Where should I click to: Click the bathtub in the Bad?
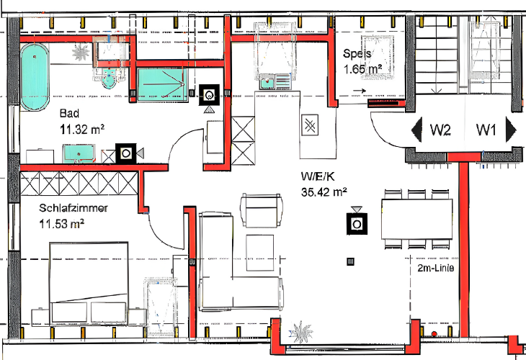click(35, 78)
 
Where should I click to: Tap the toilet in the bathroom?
click(109, 78)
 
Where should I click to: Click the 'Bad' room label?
click(69, 113)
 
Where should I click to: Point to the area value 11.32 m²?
click(82, 129)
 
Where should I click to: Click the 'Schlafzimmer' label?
click(73, 208)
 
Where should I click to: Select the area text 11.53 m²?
click(62, 224)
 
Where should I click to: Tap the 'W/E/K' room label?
click(317, 176)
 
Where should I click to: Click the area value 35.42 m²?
click(324, 192)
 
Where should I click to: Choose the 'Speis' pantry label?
click(357, 53)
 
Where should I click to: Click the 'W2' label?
click(440, 130)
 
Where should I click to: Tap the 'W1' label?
click(486, 130)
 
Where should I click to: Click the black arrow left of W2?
click(417, 130)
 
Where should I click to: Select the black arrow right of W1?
click(511, 130)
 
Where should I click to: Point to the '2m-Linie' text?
click(436, 268)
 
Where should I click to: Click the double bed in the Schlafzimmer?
click(89, 284)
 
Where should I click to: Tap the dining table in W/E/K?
click(416, 219)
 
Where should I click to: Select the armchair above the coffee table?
click(262, 210)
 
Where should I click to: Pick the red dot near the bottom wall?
click(434, 334)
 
